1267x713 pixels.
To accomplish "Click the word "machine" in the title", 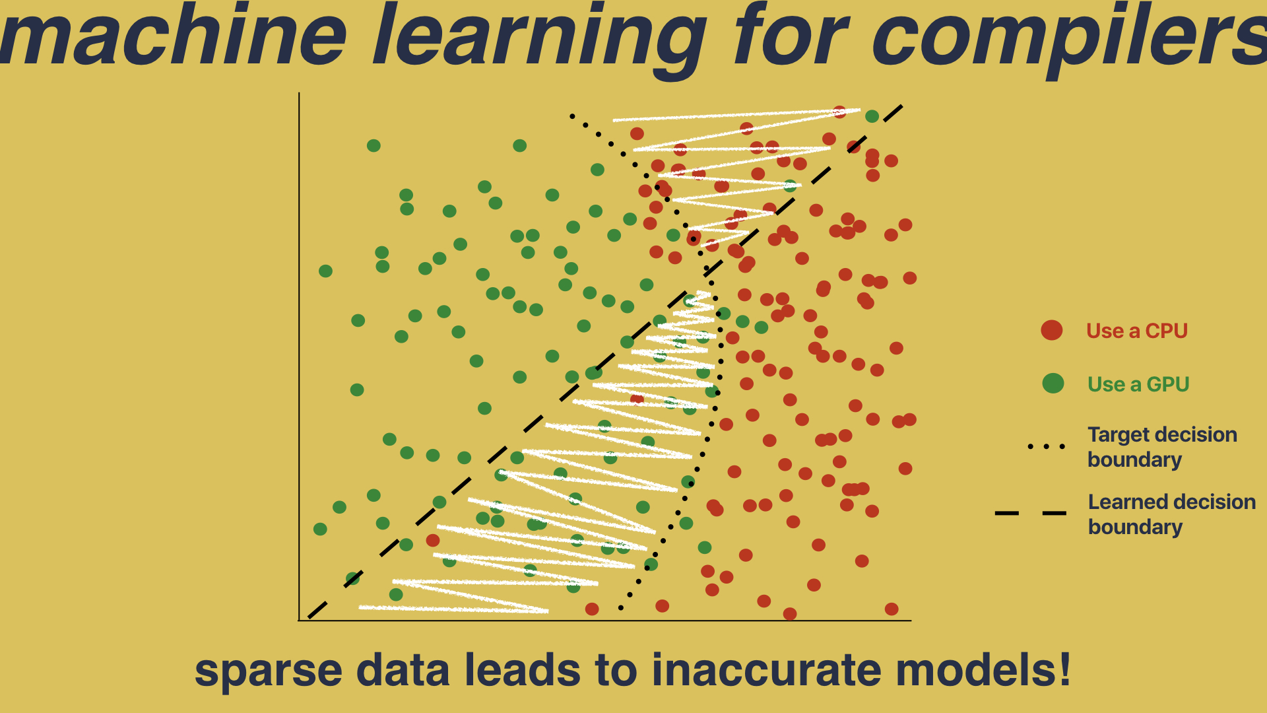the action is tap(174, 34).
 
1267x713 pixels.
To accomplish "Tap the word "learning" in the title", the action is tap(540, 40).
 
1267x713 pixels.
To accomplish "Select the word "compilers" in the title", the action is tap(1069, 40).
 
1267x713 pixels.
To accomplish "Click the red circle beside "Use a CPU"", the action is tap(1052, 330).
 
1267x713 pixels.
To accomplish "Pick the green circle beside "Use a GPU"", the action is tap(1053, 383).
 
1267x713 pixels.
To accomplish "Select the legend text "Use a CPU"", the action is tap(1137, 331).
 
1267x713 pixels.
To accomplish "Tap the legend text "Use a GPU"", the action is tap(1138, 384).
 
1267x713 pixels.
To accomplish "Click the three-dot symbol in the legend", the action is tap(1047, 447).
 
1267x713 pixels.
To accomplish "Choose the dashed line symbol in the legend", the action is tap(1031, 513).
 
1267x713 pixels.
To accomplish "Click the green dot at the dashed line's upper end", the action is tap(872, 116).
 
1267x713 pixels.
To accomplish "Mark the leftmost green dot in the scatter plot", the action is tap(320, 529).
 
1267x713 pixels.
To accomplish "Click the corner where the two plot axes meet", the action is tap(300, 620).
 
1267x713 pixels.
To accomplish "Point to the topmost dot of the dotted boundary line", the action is tap(571, 116).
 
